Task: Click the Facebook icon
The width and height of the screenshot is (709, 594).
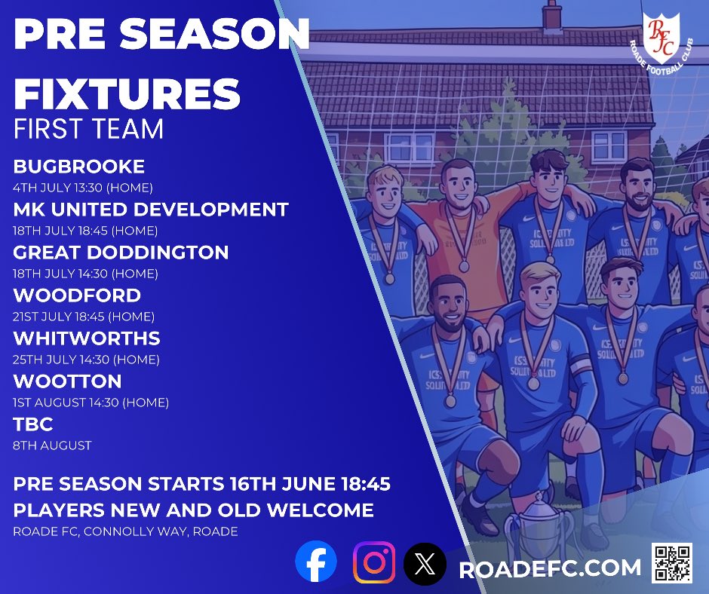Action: (315, 561)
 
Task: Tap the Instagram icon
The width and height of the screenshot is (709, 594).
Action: (374, 562)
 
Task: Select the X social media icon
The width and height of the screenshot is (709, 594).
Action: (425, 564)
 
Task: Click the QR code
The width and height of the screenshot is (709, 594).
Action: (672, 563)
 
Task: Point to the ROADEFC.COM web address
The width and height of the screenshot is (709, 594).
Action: (550, 568)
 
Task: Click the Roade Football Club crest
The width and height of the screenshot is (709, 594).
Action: (661, 43)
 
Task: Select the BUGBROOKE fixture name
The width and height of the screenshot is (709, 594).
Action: (78, 167)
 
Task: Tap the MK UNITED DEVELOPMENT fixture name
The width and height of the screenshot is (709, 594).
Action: (151, 210)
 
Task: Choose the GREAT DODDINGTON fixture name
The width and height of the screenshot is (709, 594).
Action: (121, 253)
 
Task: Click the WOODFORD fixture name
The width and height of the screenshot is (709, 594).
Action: (77, 295)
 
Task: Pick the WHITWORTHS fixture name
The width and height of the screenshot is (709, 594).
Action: (87, 338)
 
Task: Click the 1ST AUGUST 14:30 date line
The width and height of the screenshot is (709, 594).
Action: (91, 403)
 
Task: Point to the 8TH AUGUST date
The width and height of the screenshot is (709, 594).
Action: (52, 445)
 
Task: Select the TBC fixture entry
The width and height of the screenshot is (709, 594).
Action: (33, 424)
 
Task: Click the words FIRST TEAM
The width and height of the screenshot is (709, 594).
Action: (88, 129)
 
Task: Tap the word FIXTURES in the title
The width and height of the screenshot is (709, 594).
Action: (127, 93)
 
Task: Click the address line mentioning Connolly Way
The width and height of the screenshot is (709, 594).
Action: (125, 531)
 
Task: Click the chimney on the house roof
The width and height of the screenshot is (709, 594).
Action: (551, 15)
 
